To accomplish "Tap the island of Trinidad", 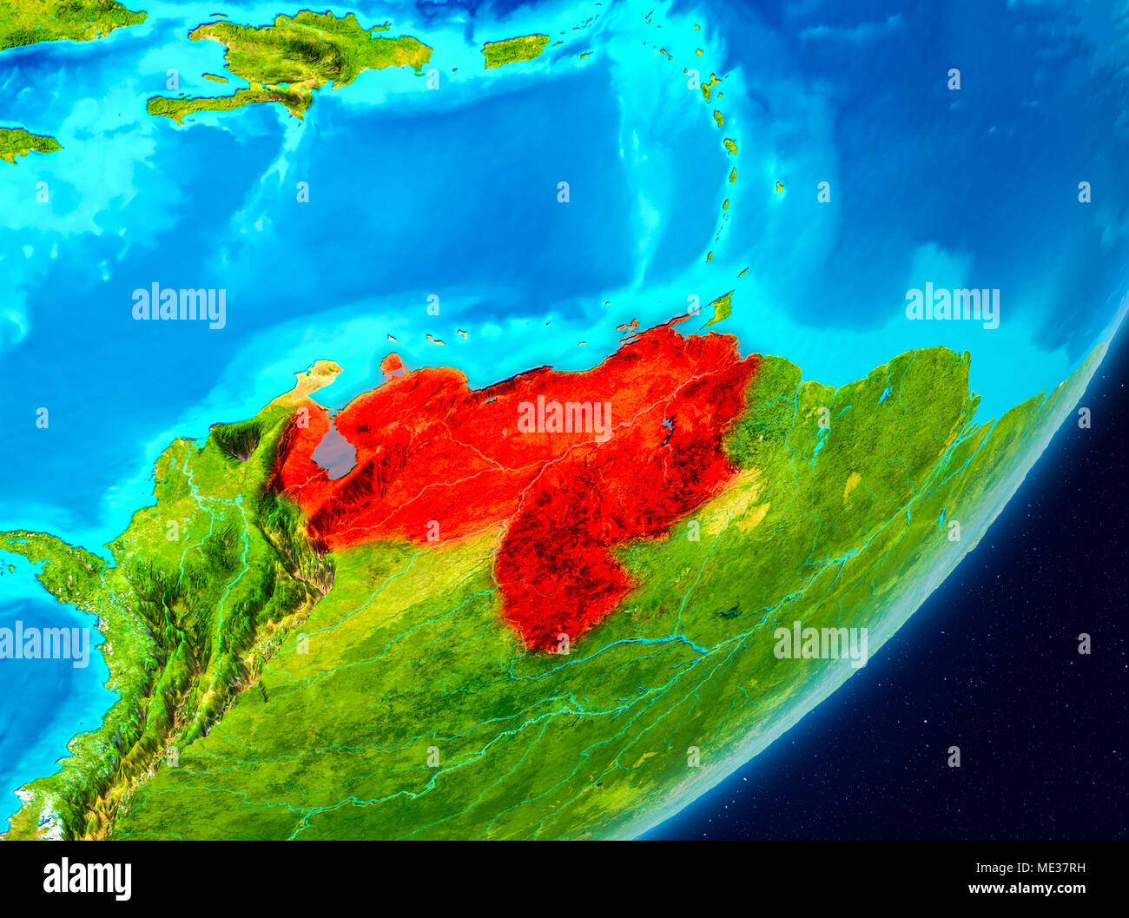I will tap(718, 309).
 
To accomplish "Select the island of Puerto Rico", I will tap(515, 50).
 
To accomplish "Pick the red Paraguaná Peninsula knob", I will tap(392, 362).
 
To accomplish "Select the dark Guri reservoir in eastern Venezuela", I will tap(668, 429).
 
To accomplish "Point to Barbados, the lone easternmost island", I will tap(779, 186).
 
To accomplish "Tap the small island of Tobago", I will tap(743, 272).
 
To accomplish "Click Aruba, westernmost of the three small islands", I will tap(393, 337).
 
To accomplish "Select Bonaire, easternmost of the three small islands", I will tap(462, 333).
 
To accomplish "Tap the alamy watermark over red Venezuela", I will tap(564, 418).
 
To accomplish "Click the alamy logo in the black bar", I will tap(87, 879).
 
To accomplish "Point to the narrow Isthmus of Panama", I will tap(52, 556).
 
